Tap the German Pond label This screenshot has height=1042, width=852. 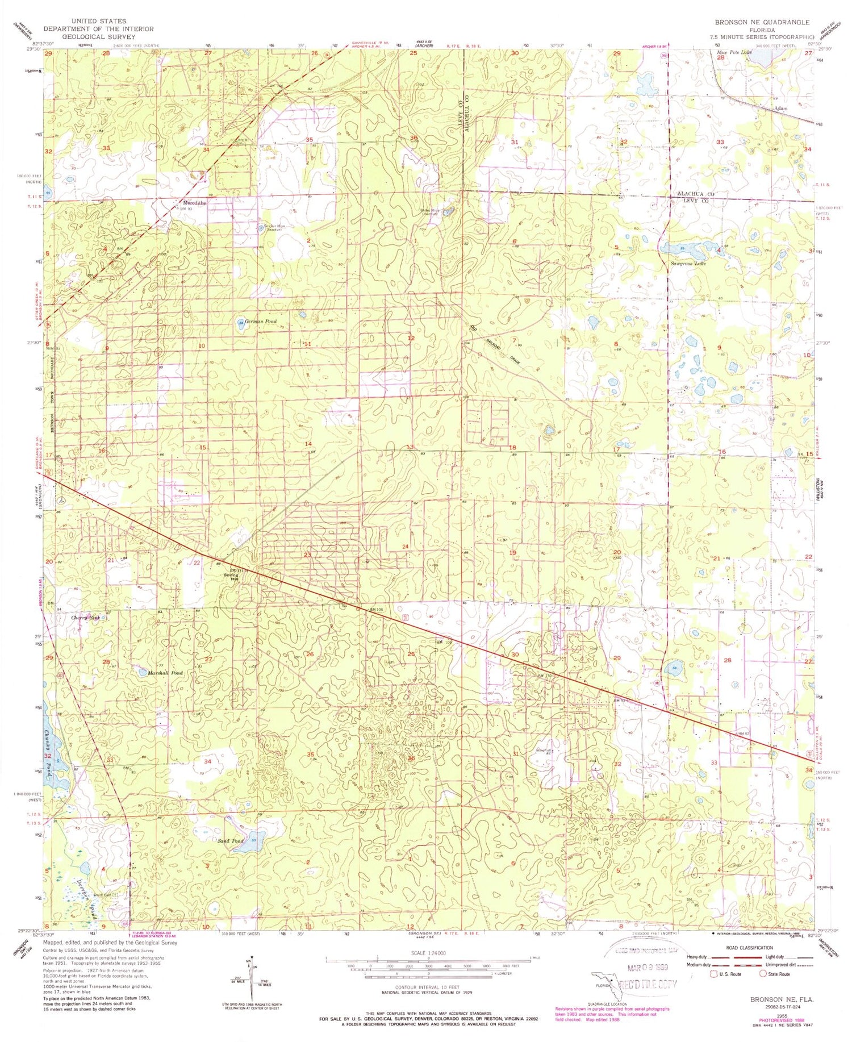262,322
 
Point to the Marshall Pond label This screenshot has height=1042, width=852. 166,673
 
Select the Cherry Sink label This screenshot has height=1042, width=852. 86,618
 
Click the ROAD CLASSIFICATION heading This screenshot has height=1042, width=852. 750,947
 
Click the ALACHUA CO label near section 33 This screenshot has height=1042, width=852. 695,194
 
